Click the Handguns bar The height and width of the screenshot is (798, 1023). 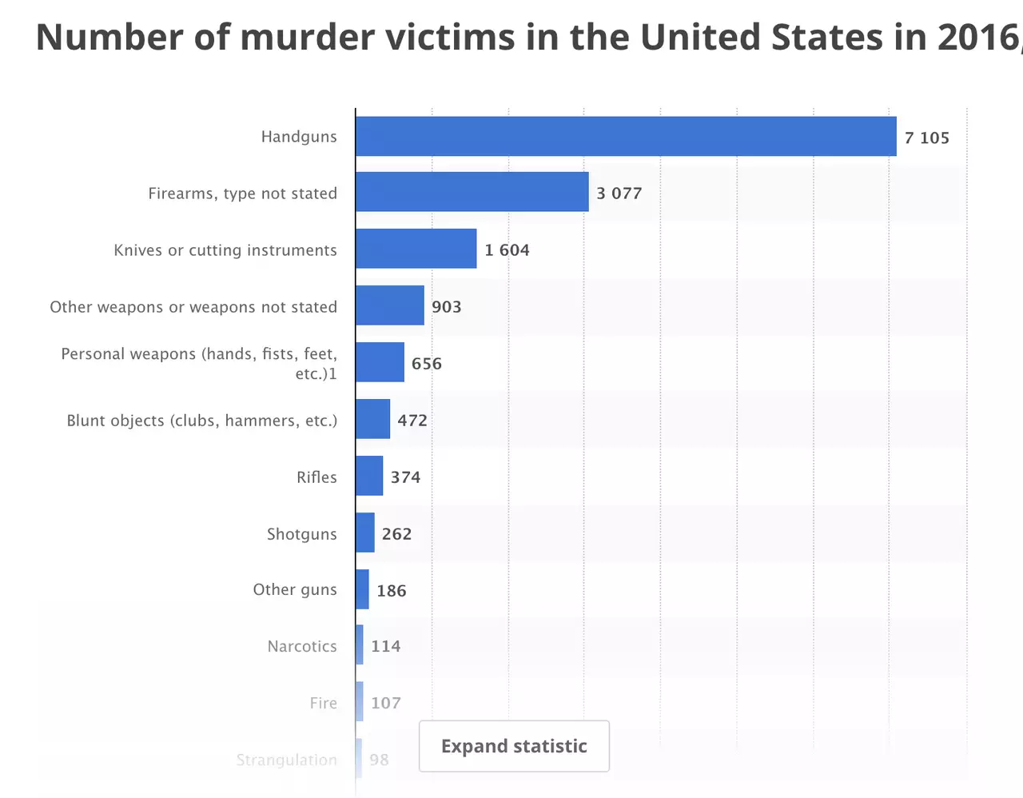[x=626, y=137]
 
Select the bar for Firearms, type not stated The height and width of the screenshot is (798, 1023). [x=472, y=192]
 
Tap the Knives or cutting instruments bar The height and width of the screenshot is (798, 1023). [x=416, y=249]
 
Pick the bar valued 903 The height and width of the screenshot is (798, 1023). [x=390, y=305]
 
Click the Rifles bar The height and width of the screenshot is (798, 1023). [x=369, y=476]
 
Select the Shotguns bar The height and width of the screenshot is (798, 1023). [x=365, y=533]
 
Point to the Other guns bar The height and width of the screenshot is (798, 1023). [x=363, y=589]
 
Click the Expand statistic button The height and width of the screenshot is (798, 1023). [x=514, y=746]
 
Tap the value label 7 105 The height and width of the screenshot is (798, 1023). [x=926, y=138]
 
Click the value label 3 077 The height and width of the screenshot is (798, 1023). [x=619, y=194]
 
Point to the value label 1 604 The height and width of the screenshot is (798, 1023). [x=507, y=250]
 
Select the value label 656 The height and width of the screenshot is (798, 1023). [x=426, y=364]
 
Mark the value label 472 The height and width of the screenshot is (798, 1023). [x=412, y=421]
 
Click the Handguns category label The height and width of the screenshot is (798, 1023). [x=299, y=137]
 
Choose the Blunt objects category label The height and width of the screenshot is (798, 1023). [x=201, y=421]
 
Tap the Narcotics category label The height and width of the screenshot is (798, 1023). [x=302, y=646]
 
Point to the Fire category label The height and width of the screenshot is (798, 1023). [x=323, y=703]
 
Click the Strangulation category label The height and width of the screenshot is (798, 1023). [x=286, y=760]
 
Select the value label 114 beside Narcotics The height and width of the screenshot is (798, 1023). [x=385, y=646]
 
